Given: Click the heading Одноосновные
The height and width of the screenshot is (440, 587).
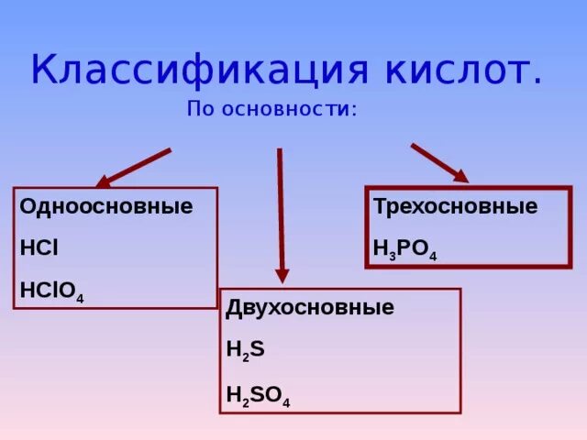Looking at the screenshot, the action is point(106,206).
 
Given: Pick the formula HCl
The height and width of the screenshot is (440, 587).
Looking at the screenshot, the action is point(39,247).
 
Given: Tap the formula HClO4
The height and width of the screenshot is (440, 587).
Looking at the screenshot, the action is point(51,291).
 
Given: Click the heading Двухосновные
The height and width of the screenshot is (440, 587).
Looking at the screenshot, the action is point(310,308).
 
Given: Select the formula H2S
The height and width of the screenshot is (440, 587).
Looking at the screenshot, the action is point(245,349).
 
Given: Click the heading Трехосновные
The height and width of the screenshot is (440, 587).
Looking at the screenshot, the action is point(455,206).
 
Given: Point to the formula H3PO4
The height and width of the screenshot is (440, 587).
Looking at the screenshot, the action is point(404,248).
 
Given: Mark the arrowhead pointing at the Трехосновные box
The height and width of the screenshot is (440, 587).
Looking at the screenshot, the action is point(460,175).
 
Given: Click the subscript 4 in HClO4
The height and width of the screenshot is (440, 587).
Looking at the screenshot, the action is point(80,299).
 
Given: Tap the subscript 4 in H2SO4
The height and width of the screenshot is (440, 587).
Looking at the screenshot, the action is point(286,401).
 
